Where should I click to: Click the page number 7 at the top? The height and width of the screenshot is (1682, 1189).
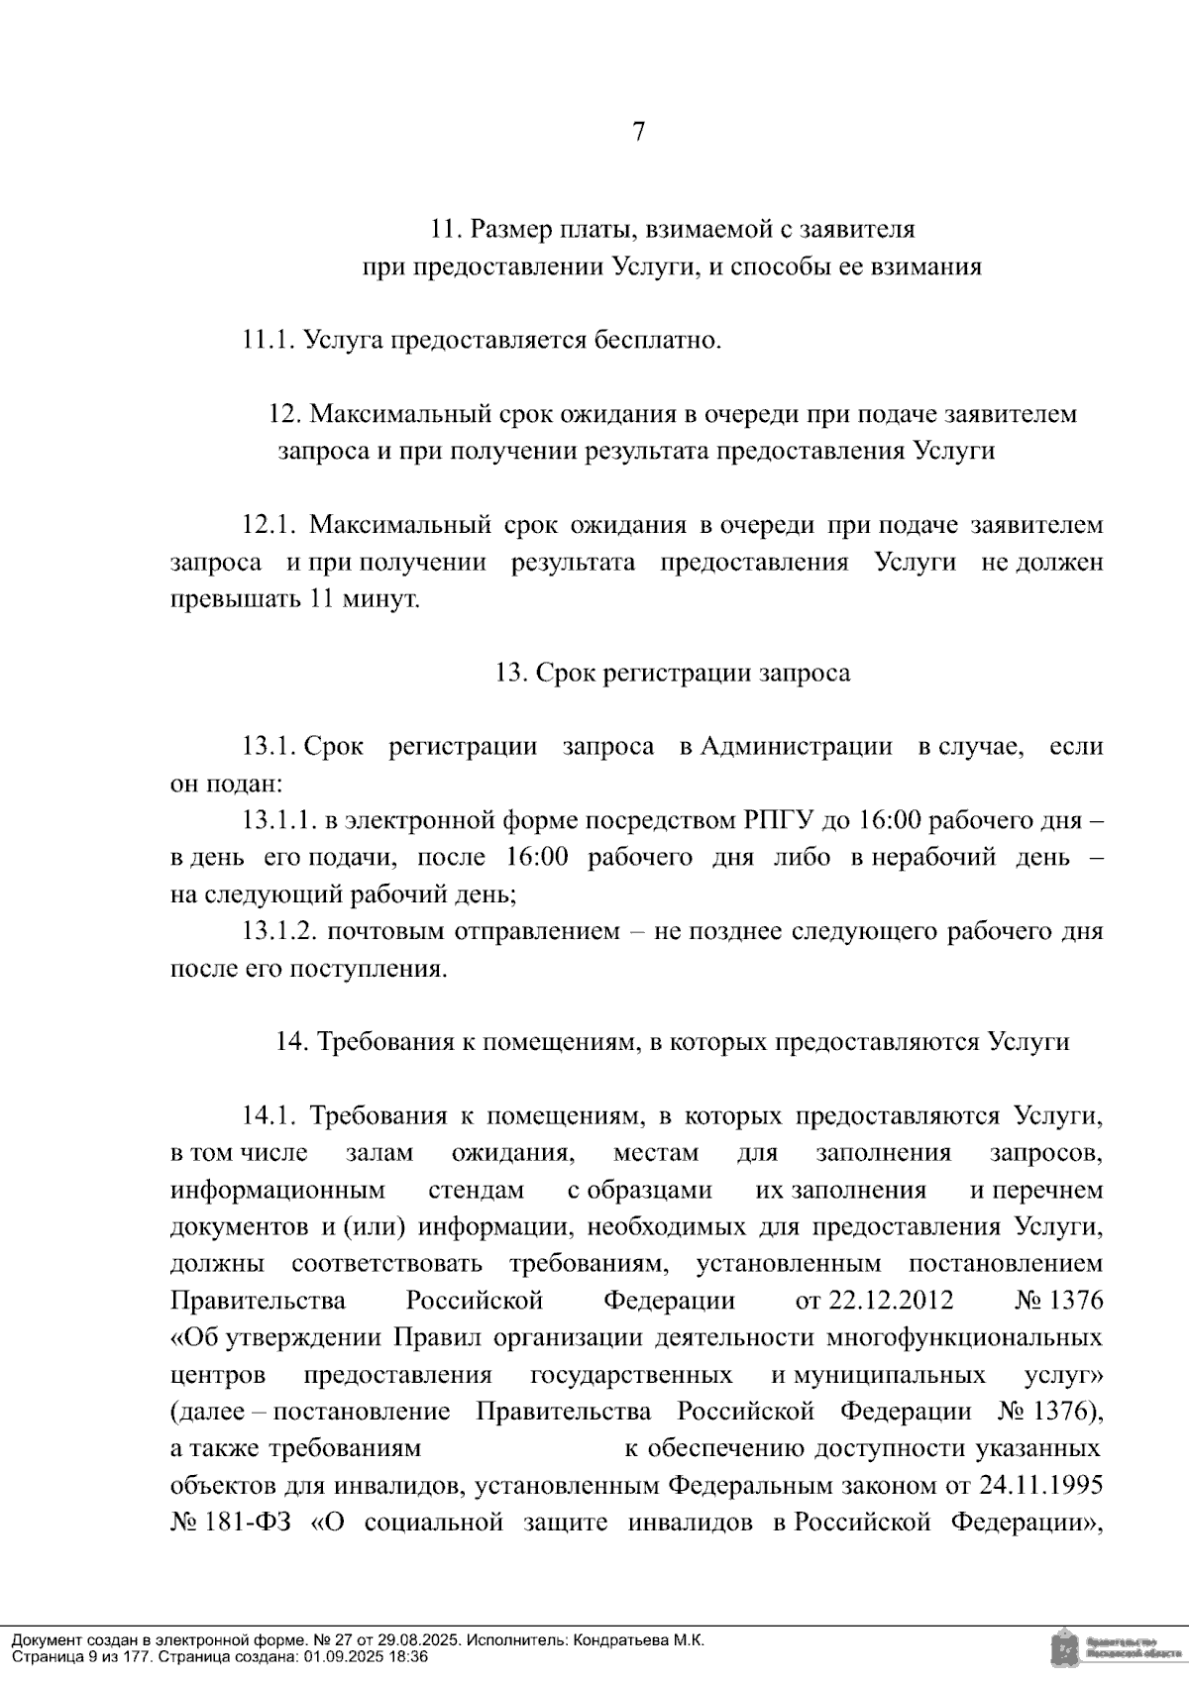pyautogui.click(x=639, y=132)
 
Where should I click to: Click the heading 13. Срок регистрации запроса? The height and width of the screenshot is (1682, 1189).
pyautogui.click(x=673, y=674)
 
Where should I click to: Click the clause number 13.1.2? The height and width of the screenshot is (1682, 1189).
pyautogui.click(x=278, y=932)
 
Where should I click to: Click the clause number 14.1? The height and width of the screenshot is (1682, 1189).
pyautogui.click(x=270, y=1116)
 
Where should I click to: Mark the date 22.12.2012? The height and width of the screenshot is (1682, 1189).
pyautogui.click(x=874, y=1301)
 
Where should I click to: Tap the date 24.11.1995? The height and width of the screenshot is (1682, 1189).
pyautogui.click(x=1041, y=1486)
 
